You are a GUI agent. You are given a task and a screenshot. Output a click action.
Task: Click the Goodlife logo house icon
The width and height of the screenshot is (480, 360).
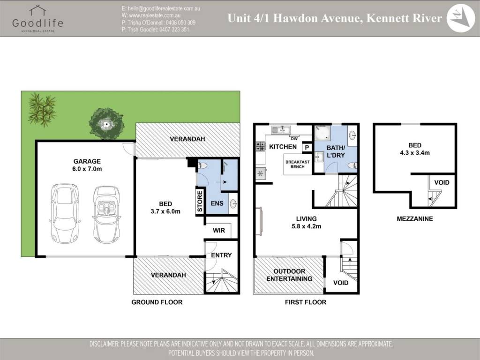[x=37, y=10]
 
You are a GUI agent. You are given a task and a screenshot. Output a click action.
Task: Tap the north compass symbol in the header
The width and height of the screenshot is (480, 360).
[x=460, y=18]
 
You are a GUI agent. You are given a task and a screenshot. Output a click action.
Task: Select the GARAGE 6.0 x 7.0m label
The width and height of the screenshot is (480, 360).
[x=87, y=165]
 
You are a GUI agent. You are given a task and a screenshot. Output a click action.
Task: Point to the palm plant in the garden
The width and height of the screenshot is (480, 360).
[x=42, y=110]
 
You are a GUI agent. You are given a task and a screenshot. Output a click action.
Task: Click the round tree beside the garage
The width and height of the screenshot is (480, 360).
[x=106, y=123]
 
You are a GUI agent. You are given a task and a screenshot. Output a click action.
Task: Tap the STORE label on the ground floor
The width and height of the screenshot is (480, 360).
[x=200, y=202]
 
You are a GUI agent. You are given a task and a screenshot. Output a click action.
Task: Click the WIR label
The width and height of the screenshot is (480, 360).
[x=219, y=231]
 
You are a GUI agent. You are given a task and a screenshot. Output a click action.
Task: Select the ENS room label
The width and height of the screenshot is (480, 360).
[x=217, y=203]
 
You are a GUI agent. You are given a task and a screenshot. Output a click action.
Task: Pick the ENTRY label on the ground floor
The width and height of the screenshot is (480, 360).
[x=221, y=255]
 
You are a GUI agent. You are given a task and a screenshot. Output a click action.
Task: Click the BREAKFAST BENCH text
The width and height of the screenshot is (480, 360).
[x=297, y=165]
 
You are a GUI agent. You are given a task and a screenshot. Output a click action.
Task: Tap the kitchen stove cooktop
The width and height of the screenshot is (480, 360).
[x=261, y=146]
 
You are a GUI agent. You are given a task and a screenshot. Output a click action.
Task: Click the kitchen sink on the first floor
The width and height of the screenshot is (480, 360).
[x=281, y=130]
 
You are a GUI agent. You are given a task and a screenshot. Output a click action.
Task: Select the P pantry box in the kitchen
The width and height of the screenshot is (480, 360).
[x=307, y=148]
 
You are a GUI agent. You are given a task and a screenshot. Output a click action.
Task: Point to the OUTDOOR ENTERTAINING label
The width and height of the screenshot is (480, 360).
[x=289, y=275]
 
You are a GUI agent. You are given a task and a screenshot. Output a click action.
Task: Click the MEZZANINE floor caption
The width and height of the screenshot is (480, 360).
[x=415, y=219]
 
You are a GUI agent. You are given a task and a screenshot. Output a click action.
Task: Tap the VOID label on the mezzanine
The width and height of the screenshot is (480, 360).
[x=442, y=183]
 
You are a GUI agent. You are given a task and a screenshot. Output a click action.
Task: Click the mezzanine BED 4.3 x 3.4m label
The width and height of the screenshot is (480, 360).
[x=415, y=149]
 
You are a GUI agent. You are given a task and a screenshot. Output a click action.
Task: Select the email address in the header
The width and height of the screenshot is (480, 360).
[x=161, y=8]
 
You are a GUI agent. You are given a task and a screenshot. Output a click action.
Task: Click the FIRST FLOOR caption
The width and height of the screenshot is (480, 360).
[x=306, y=302]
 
